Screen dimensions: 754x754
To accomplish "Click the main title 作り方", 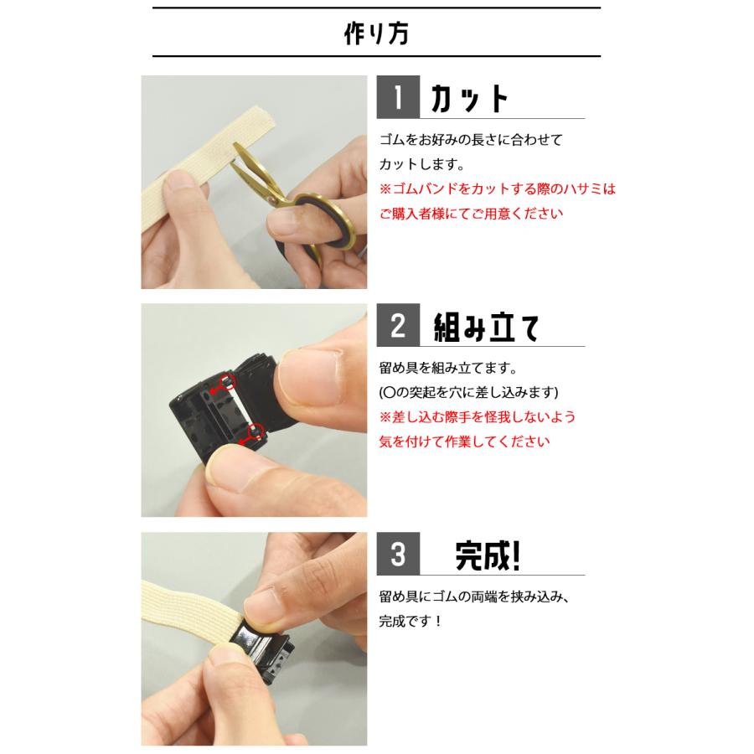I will pos(376,34).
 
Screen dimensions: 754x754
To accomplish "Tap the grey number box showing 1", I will pos(398,98).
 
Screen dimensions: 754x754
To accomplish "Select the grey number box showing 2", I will pos(398,326).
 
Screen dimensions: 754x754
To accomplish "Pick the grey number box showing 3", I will pos(398,555).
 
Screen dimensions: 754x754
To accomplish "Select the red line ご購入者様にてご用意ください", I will pos(471,214).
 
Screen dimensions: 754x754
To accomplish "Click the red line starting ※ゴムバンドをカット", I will pos(497,189).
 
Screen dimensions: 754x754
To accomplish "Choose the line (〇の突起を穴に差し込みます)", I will pos(468,392).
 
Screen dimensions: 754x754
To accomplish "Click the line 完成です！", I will pos(411,622).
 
